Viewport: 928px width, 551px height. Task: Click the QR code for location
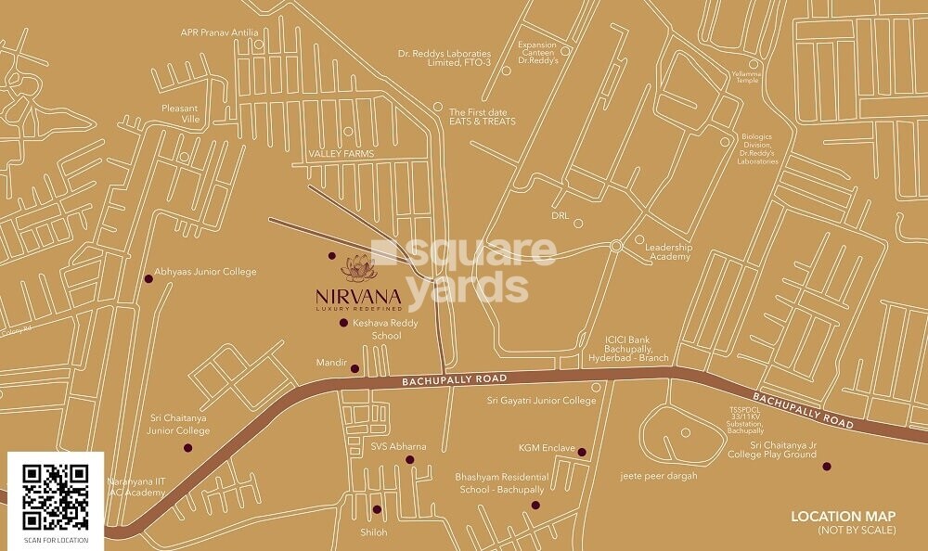tap(56, 496)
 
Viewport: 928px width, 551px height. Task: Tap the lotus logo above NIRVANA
tap(357, 267)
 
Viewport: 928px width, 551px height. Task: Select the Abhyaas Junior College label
tap(205, 272)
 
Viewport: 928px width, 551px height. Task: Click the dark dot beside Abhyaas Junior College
tap(148, 278)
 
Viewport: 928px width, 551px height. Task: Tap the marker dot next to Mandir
tap(354, 368)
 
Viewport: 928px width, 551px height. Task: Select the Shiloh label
tap(373, 532)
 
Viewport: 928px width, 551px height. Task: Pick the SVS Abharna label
tap(398, 446)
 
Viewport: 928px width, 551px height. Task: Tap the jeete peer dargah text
tap(659, 476)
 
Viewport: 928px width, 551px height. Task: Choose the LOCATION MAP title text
tap(843, 516)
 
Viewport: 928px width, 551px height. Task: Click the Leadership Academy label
tap(669, 250)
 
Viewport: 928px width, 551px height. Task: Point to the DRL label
tap(560, 214)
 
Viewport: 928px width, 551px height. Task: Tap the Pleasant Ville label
tap(181, 113)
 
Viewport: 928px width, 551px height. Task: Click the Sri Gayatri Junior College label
tap(541, 401)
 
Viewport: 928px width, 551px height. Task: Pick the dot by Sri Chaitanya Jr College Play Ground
tap(826, 467)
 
